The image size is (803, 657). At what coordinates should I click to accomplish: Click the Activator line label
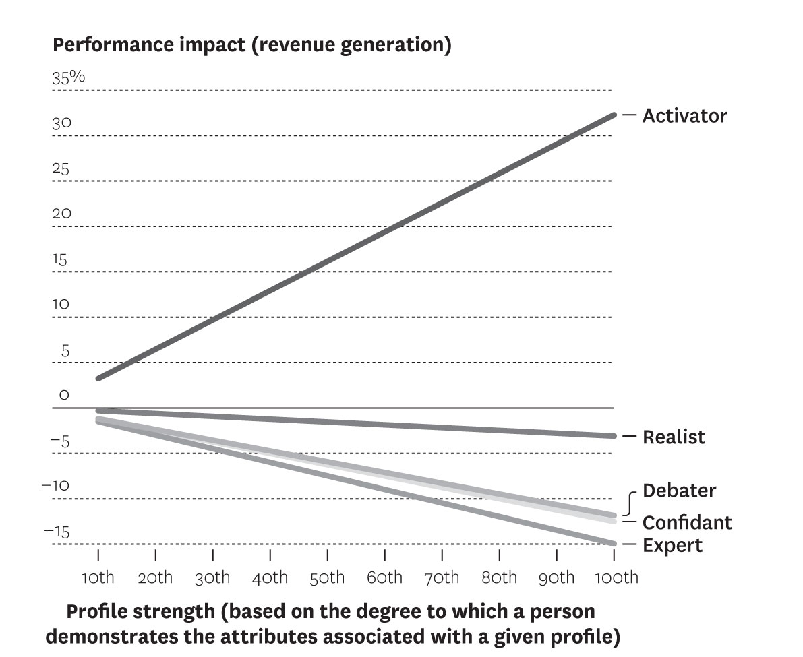click(684, 116)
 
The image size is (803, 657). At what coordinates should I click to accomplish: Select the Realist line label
click(674, 437)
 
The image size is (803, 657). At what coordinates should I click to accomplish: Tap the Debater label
click(679, 490)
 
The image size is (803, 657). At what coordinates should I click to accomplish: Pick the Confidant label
click(686, 522)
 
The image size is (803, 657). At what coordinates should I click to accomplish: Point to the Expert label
click(672, 544)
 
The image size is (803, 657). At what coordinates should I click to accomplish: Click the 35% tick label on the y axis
click(69, 77)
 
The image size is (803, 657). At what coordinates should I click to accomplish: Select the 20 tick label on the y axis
click(61, 214)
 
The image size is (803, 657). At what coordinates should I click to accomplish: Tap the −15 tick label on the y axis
click(57, 532)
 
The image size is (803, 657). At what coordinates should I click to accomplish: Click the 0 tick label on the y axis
click(64, 396)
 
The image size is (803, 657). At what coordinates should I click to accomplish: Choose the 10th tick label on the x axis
click(98, 577)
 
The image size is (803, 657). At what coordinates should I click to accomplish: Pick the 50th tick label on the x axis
click(327, 577)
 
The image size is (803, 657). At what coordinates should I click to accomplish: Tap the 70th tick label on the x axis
click(442, 577)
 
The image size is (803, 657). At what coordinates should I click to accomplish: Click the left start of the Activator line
click(99, 378)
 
